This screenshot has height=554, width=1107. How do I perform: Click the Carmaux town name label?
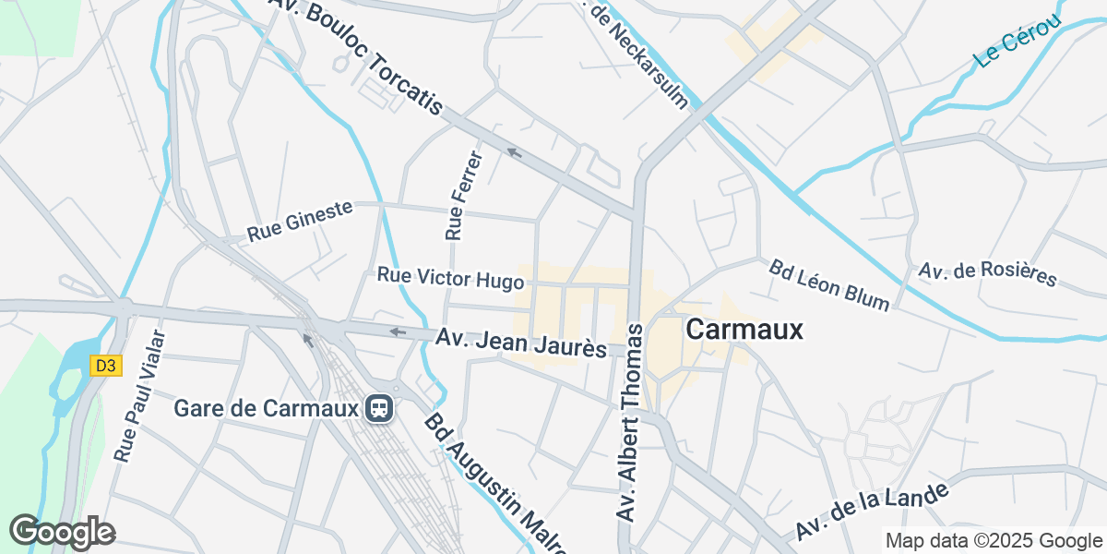pyautogui.click(x=744, y=330)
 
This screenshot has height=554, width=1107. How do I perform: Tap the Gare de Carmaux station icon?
pyautogui.click(x=378, y=408)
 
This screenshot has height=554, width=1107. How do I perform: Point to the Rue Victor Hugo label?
pyautogui.click(x=450, y=277)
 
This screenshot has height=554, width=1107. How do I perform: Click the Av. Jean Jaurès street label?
pyautogui.click(x=521, y=343)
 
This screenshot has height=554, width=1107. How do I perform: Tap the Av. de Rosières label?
pyautogui.click(x=987, y=274)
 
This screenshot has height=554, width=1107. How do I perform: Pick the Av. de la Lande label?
pyautogui.click(x=872, y=512)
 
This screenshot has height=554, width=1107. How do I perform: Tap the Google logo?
pyautogui.click(x=62, y=532)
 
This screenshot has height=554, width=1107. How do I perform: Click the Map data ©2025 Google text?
pyautogui.click(x=994, y=540)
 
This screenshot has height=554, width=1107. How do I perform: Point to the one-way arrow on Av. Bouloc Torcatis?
pyautogui.click(x=514, y=152)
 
